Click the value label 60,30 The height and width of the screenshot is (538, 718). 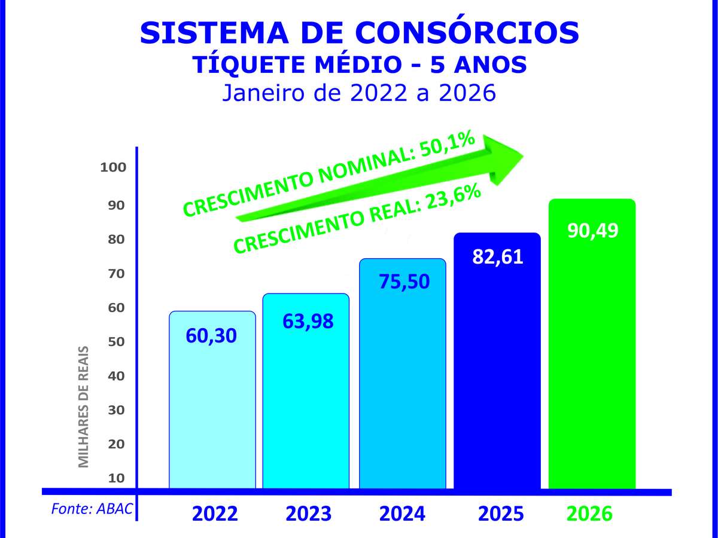212,335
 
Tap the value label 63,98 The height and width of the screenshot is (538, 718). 308,321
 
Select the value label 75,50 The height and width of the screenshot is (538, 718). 404,282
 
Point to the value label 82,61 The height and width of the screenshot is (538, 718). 497,257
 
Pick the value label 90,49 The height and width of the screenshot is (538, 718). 592,231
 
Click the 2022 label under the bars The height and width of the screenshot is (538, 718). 215,514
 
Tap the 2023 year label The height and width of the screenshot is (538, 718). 308,514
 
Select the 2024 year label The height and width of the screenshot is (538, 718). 403,514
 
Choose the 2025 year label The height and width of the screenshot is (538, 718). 501,514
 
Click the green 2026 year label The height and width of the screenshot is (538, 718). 589,514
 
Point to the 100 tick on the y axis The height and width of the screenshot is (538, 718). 113,167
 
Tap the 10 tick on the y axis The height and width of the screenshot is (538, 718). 117,478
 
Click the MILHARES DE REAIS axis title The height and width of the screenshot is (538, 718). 84,406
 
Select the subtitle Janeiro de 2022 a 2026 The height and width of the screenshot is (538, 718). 359,93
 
